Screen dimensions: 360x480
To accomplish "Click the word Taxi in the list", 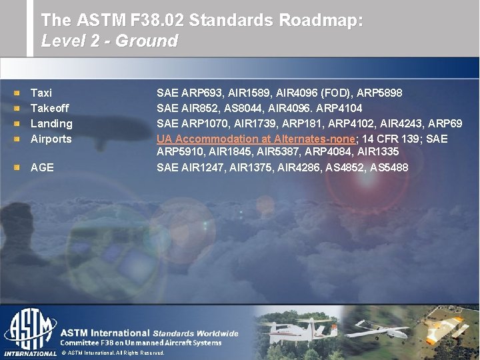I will click(41, 93).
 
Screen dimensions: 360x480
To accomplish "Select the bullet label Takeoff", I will click(50, 108).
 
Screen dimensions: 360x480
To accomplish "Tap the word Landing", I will click(51, 123).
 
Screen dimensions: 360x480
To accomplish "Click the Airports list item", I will click(51, 139).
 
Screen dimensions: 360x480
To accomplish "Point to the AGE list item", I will click(42, 167).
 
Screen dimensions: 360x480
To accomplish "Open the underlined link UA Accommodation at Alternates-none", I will click(257, 139).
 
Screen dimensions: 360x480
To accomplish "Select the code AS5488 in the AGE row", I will click(389, 167).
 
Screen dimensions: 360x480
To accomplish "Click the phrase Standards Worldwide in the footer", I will click(195, 333).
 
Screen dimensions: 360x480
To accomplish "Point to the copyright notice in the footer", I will click(113, 353).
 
